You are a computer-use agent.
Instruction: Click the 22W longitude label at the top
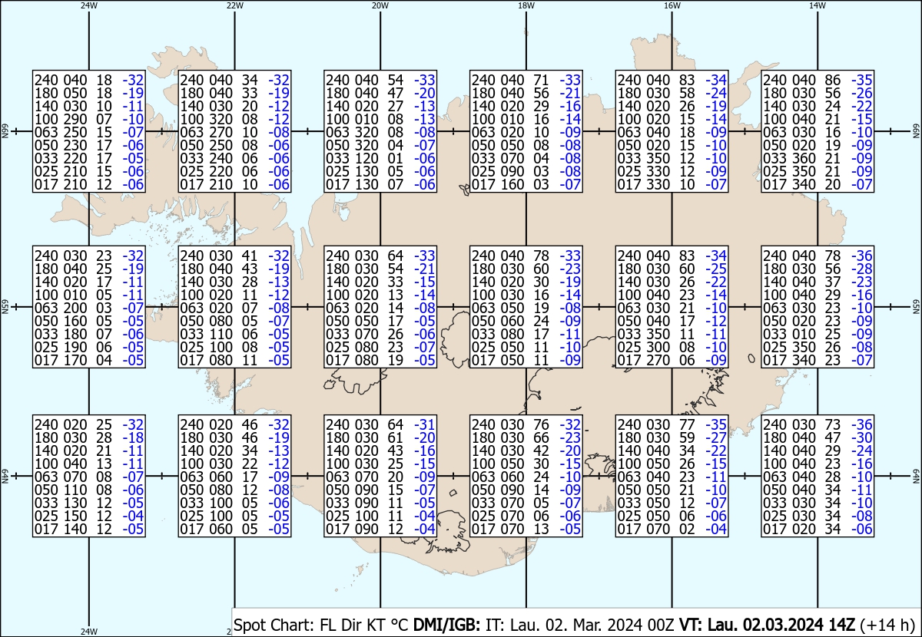[x=234, y=5]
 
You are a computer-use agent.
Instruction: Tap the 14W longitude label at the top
[x=818, y=5]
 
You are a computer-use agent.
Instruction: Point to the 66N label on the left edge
[x=5, y=131]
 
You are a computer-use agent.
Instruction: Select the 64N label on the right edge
[x=916, y=476]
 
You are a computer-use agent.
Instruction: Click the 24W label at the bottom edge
[x=89, y=631]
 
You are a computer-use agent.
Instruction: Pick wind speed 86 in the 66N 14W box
[x=832, y=80]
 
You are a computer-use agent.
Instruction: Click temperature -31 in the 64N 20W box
[x=425, y=424]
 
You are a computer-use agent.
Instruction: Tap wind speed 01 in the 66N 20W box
[x=395, y=158]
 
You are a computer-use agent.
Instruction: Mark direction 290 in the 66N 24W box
[x=75, y=119]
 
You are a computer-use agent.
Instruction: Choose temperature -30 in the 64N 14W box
[x=862, y=437]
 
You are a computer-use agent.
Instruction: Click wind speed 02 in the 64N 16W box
[x=687, y=529]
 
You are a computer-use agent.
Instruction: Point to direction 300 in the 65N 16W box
[x=658, y=347]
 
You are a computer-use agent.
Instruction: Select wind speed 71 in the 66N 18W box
[x=541, y=80]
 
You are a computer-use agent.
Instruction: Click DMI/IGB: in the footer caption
[x=446, y=625]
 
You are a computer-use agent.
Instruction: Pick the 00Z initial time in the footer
[x=661, y=625]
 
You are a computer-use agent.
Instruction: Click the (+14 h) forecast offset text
[x=887, y=625]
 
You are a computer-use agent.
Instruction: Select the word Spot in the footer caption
[x=250, y=625]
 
